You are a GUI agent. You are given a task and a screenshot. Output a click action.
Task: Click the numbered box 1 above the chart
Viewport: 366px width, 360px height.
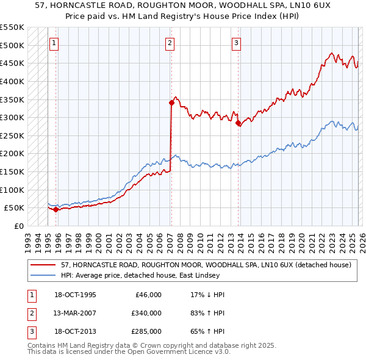[x=55, y=43]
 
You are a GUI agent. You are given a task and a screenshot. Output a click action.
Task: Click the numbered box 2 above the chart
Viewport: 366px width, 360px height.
[x=170, y=43]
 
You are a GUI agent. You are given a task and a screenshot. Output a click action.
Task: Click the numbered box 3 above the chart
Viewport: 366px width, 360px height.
[x=236, y=43]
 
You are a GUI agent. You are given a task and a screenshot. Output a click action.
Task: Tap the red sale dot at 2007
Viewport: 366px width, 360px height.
[x=171, y=103]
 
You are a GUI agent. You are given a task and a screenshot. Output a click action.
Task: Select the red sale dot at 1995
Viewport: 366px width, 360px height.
[x=56, y=209]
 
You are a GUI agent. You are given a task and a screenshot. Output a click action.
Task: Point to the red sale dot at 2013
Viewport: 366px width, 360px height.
[x=238, y=123]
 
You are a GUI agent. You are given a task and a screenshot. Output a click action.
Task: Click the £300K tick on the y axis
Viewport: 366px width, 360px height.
[x=12, y=117]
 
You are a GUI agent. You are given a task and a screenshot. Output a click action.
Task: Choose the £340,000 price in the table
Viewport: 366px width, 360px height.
[x=146, y=313]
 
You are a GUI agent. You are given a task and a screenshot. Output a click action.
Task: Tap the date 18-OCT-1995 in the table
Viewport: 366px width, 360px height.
[x=75, y=295]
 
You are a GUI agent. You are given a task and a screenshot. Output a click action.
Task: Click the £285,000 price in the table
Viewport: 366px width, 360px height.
[x=146, y=331]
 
